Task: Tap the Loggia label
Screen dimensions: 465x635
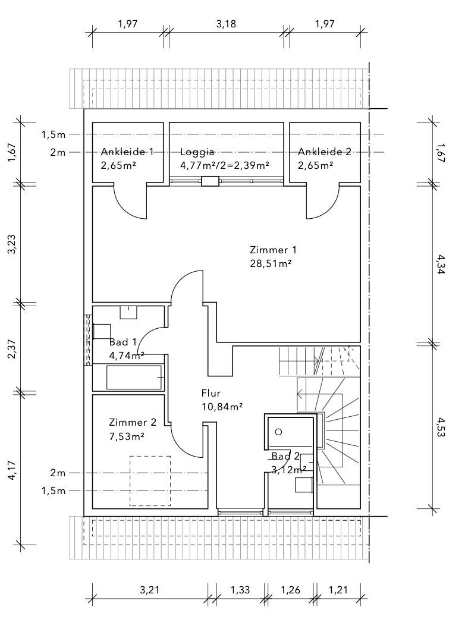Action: [197, 152]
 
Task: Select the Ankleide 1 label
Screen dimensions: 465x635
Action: [127, 152]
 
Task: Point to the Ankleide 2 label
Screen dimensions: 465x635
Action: [325, 152]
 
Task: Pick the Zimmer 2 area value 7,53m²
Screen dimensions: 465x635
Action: [127, 436]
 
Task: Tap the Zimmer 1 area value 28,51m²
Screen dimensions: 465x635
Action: [271, 263]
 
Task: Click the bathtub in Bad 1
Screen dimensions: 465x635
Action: [134, 378]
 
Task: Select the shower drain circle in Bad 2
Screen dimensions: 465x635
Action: [278, 432]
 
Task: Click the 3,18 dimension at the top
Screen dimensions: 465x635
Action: [226, 24]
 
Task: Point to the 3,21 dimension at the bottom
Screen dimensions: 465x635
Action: [150, 590]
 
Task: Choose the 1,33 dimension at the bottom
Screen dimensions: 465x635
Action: [240, 590]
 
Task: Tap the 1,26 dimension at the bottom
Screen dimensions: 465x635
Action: [290, 590]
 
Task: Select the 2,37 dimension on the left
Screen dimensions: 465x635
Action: [12, 348]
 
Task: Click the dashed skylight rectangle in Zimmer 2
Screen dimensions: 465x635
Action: [150, 480]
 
